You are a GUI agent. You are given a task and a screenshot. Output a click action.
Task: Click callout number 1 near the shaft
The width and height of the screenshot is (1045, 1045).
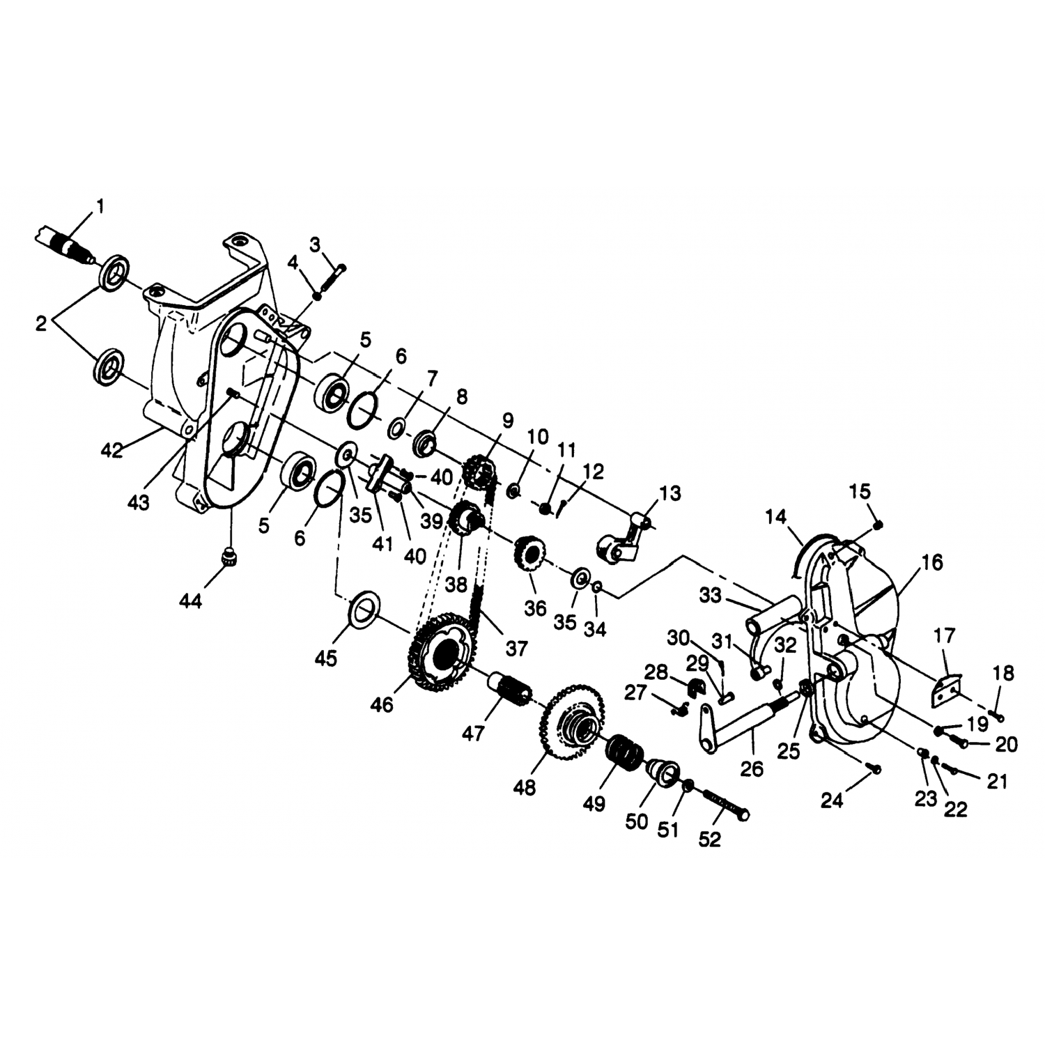coord(100,206)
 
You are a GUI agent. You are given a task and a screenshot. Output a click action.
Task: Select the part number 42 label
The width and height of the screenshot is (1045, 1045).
coord(111,450)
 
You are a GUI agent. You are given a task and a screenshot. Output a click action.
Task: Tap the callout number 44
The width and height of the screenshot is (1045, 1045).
coord(189,600)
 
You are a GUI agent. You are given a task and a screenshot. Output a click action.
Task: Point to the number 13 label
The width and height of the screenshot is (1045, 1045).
coord(670,493)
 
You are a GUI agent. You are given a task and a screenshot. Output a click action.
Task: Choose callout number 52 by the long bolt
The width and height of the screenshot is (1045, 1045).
coord(709,839)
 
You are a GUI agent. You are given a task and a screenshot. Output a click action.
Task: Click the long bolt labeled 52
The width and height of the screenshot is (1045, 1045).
coord(725,805)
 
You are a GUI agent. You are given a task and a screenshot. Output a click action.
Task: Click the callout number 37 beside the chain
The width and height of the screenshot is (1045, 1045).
coord(516,649)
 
